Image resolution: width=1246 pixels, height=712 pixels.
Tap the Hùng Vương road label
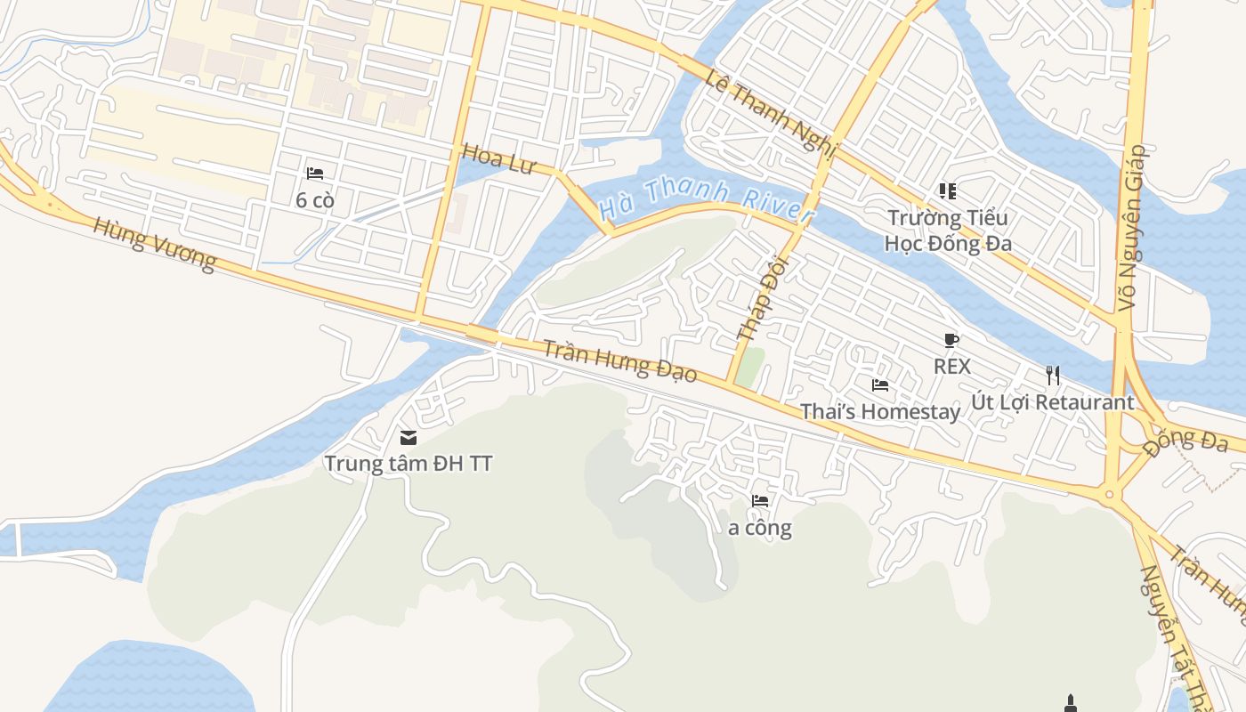tap(154, 243)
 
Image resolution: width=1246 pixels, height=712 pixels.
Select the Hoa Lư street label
tap(498, 160)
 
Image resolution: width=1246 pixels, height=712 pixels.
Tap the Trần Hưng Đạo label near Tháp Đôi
tap(620, 360)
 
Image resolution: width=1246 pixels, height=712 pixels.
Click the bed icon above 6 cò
tap(315, 174)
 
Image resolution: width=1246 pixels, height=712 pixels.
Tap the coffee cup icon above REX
tap(951, 340)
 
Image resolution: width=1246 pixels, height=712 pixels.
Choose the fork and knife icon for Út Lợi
tap(1053, 376)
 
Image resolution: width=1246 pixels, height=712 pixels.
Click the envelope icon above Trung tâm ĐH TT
tap(409, 437)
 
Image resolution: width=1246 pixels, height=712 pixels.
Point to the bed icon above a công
tap(760, 501)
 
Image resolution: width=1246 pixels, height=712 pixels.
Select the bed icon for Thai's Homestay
tap(880, 385)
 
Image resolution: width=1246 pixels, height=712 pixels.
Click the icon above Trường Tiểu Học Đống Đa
tap(947, 191)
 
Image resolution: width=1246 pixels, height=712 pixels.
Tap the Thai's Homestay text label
tap(880, 411)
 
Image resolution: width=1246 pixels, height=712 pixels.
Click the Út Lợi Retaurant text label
tap(1053, 402)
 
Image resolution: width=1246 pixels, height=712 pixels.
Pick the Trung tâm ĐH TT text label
tap(409, 464)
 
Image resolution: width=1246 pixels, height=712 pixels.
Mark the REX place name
tap(951, 366)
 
